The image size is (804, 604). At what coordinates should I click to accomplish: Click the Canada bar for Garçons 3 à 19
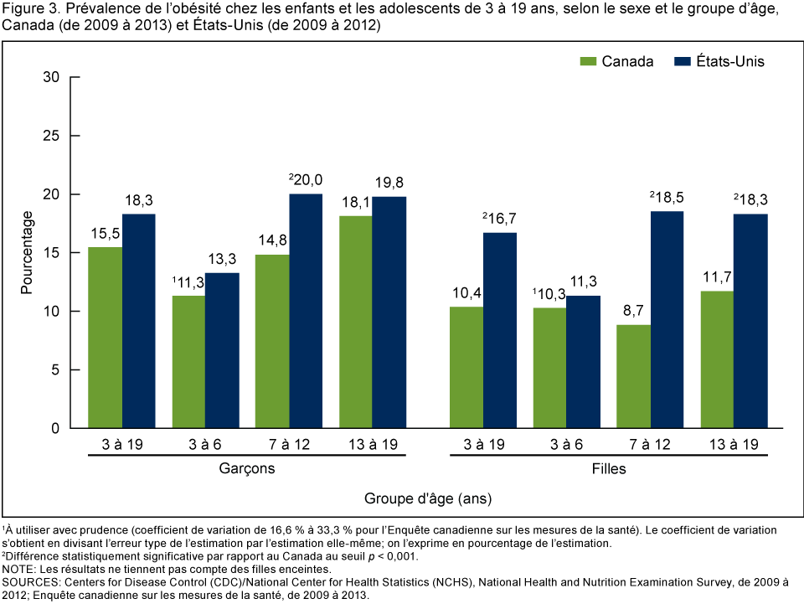click(x=106, y=338)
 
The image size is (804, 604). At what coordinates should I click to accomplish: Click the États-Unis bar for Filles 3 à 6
click(x=583, y=362)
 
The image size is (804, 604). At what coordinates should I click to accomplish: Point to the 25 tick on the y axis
click(x=74, y=136)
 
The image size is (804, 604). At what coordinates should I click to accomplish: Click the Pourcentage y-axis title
click(x=27, y=252)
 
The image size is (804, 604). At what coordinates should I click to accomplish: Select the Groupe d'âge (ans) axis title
click(x=427, y=498)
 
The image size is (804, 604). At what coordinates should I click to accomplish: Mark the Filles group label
click(x=609, y=469)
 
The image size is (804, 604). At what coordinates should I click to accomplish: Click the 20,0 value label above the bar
click(x=306, y=178)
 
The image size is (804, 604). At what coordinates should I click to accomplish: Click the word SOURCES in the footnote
click(x=32, y=581)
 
